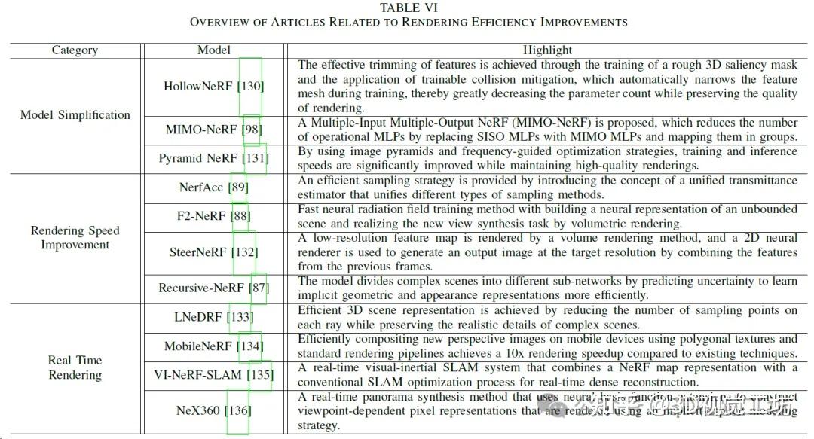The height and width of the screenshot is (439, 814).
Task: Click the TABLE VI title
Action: click(409, 8)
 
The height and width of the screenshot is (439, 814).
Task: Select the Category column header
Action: click(75, 50)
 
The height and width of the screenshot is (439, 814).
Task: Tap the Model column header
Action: click(214, 50)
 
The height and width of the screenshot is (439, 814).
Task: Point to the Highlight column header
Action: click(547, 50)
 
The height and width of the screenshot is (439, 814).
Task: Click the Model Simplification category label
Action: click(75, 115)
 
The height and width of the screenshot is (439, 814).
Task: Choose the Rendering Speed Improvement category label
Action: click(75, 237)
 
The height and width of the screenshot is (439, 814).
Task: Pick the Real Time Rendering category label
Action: click(75, 367)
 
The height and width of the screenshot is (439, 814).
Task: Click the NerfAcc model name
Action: click(201, 187)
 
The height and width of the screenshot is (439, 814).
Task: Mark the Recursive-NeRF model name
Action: click(201, 288)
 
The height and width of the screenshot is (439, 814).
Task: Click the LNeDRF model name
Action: click(199, 317)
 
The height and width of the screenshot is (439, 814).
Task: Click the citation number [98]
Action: click(252, 130)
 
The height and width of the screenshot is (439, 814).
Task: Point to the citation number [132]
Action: click(244, 252)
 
